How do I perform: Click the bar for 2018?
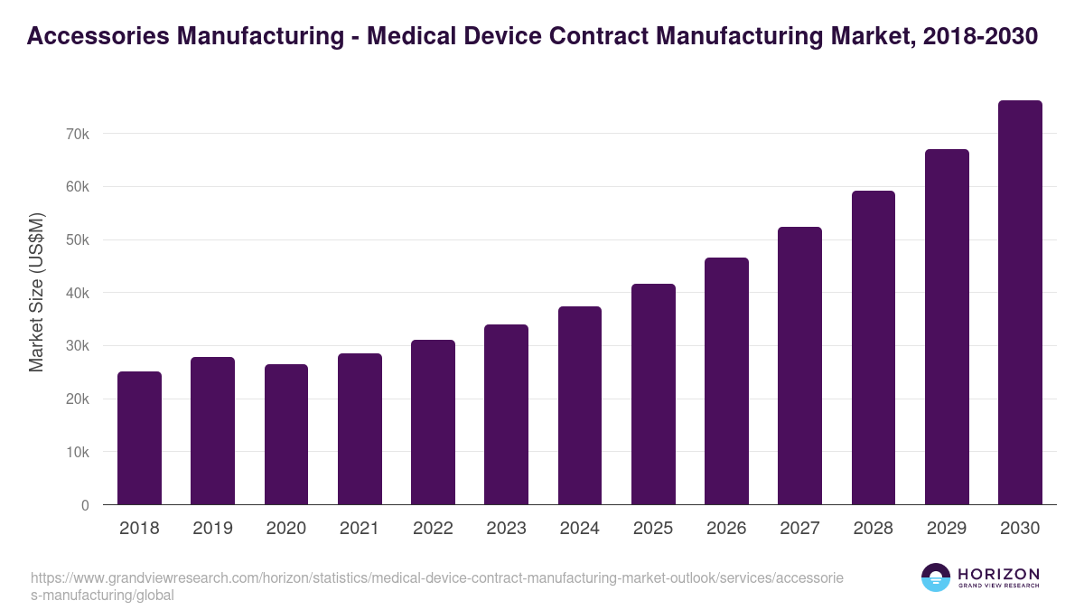(139, 438)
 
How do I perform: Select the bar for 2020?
(286, 435)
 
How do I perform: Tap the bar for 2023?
(506, 415)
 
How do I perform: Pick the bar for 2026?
(726, 381)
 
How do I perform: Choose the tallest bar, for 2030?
(1020, 303)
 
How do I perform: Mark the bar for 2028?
(873, 348)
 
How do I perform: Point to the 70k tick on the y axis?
(78, 134)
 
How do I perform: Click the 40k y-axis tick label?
(78, 293)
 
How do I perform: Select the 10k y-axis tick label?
(78, 452)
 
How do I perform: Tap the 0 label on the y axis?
(85, 505)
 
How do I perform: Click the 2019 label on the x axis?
(212, 529)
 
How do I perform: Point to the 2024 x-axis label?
(579, 529)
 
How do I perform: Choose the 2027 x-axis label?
(799, 529)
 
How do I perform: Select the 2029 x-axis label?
(947, 529)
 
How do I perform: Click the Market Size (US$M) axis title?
(36, 293)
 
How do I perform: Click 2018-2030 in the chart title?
(981, 37)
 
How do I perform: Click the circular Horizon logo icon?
(936, 577)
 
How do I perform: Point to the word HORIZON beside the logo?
(998, 573)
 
